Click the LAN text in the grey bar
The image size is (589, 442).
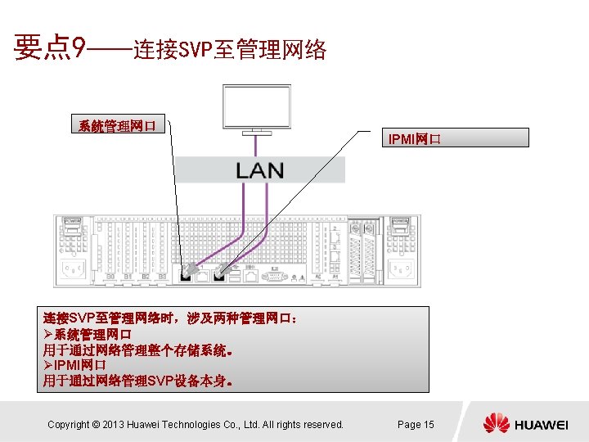point(259,170)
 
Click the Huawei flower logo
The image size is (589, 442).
point(496,424)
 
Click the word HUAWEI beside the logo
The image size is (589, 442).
point(541,425)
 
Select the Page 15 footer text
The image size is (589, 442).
point(416,424)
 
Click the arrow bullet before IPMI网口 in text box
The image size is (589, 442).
point(47,364)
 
